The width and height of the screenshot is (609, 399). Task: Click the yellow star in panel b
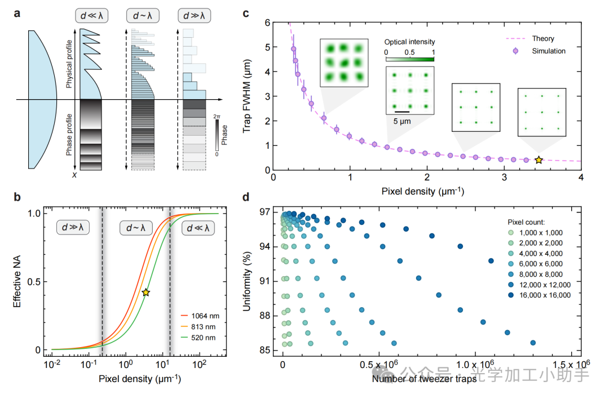coord(145,292)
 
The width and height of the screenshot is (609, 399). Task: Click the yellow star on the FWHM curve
coord(539,161)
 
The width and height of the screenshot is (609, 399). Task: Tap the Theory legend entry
coord(542,39)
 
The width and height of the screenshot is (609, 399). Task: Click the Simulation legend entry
coord(548,51)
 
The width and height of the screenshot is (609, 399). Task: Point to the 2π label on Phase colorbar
coord(217,116)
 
